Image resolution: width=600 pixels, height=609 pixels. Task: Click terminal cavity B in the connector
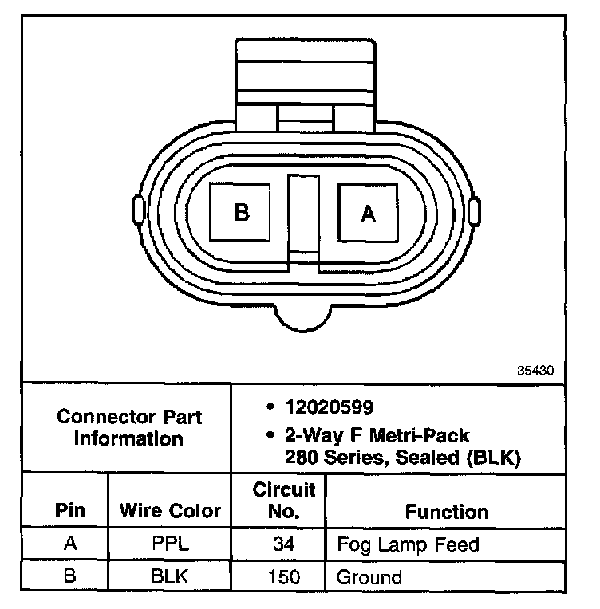coord(239,212)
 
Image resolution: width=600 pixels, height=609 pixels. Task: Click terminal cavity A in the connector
coord(368,213)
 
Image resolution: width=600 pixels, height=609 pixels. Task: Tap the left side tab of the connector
coord(139,210)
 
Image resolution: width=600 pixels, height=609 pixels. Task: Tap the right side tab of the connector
coord(474,211)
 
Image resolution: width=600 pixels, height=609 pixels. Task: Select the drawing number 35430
coord(535,371)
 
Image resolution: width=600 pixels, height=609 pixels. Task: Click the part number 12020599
coord(330,407)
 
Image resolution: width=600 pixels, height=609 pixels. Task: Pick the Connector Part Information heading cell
coord(127,428)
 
